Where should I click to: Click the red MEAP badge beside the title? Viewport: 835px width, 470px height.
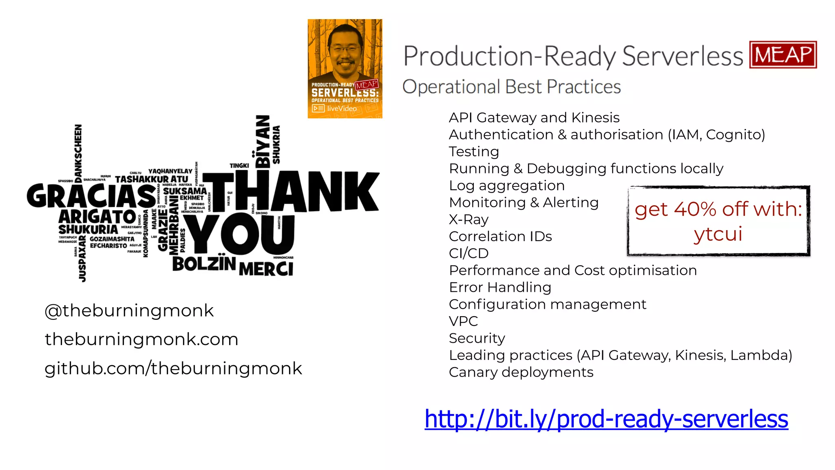pos(783,55)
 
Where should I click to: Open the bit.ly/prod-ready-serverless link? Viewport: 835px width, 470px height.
pos(606,419)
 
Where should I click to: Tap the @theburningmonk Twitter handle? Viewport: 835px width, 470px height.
pos(129,311)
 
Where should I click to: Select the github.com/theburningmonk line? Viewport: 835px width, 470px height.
pos(173,368)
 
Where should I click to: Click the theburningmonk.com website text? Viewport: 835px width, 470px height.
pos(141,339)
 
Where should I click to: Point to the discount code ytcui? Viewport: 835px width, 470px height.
pos(718,234)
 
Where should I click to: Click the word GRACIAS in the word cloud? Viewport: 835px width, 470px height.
pos(91,196)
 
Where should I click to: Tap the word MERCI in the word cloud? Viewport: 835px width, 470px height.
pos(266,269)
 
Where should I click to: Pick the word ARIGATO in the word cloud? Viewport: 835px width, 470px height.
pos(97,217)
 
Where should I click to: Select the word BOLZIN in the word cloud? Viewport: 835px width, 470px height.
pos(204,264)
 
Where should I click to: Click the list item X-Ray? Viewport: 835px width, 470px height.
pos(468,219)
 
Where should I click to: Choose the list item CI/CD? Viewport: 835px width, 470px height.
pos(468,253)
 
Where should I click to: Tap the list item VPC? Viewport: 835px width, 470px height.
pos(463,321)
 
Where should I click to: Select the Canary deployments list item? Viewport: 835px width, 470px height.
pos(521,372)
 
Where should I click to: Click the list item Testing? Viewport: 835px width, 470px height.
pos(474,152)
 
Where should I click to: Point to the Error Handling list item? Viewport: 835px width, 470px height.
pos(500,288)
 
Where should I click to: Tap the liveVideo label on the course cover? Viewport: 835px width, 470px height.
pos(341,109)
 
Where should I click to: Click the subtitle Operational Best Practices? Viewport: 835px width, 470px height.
pos(511,87)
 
